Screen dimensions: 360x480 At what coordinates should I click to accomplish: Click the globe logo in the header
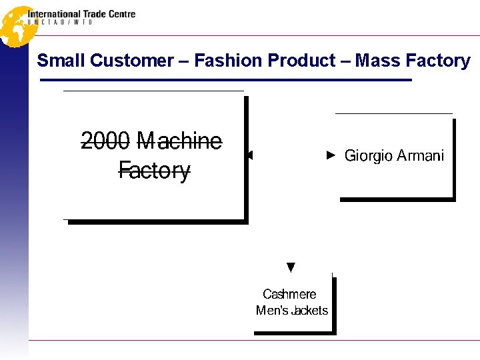(x=17, y=25)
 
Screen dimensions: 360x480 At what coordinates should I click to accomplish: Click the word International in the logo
(x=53, y=14)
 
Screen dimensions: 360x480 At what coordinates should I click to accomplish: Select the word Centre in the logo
(x=121, y=14)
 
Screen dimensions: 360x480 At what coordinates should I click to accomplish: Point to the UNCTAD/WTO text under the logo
(x=60, y=23)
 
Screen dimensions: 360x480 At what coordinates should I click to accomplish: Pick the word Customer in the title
(x=131, y=61)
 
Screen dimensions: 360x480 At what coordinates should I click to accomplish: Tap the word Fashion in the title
(x=229, y=61)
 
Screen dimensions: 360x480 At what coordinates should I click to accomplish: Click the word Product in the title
(x=301, y=61)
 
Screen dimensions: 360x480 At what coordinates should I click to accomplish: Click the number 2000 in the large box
(x=105, y=141)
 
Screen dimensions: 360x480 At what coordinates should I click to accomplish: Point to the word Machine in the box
(x=179, y=141)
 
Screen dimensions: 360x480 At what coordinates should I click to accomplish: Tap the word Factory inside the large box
(x=155, y=171)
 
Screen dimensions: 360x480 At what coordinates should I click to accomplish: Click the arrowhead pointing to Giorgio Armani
(x=331, y=156)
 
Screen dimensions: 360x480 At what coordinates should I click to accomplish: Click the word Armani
(x=420, y=156)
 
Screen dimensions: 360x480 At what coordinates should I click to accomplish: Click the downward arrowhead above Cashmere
(x=290, y=268)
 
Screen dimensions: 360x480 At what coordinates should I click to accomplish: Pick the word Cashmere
(x=289, y=294)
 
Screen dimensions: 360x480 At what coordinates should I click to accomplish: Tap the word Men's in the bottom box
(x=273, y=310)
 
